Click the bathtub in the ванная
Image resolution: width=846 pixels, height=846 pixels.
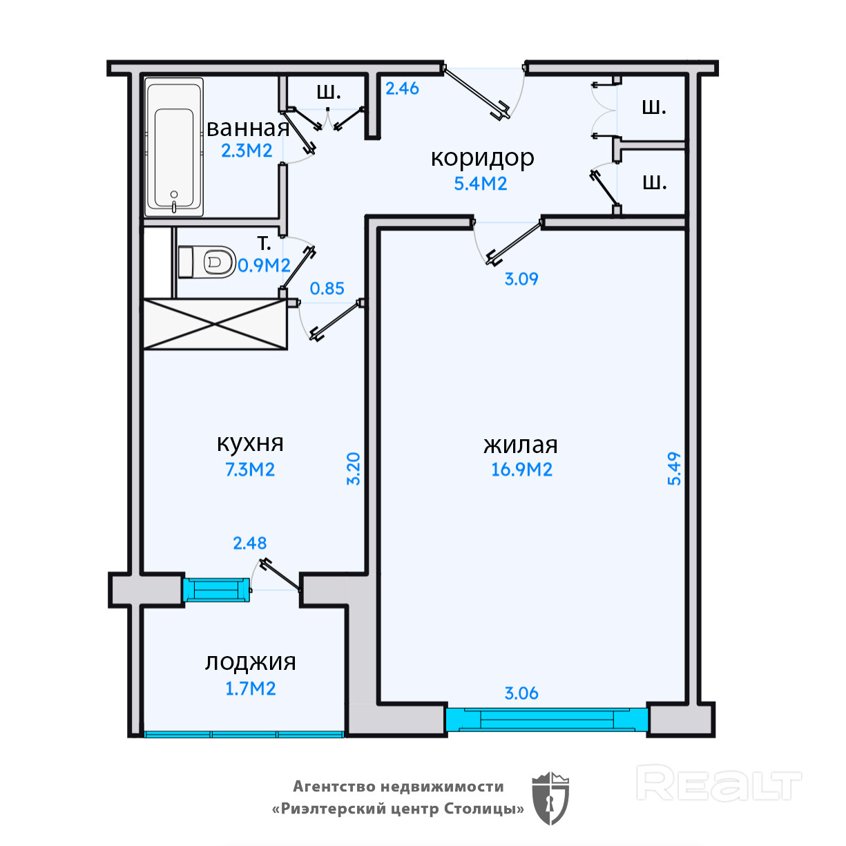tap(174, 147)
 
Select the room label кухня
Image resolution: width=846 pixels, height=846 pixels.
tap(250, 444)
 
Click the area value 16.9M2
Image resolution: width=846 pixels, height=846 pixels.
tap(521, 470)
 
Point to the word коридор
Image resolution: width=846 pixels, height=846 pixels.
tap(483, 158)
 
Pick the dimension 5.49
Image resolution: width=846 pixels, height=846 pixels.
tap(674, 468)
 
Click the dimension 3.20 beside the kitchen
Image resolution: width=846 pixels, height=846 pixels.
tap(354, 468)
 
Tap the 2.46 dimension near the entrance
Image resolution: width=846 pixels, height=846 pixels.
tap(402, 88)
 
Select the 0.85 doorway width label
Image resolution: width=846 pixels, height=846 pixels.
tap(327, 289)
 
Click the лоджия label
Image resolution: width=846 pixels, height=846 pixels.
tap(250, 662)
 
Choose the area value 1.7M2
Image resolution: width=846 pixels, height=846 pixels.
tap(250, 689)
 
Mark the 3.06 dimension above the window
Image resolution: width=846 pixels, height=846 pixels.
tap(521, 693)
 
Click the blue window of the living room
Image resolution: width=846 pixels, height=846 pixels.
tap(546, 720)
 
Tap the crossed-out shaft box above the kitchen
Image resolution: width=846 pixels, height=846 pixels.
tap(215, 325)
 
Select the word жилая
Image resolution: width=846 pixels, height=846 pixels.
tap(521, 445)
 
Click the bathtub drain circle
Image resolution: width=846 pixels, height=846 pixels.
tap(174, 195)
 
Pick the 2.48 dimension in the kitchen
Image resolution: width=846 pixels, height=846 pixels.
tap(249, 543)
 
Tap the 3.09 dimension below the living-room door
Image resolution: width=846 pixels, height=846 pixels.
tap(521, 279)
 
